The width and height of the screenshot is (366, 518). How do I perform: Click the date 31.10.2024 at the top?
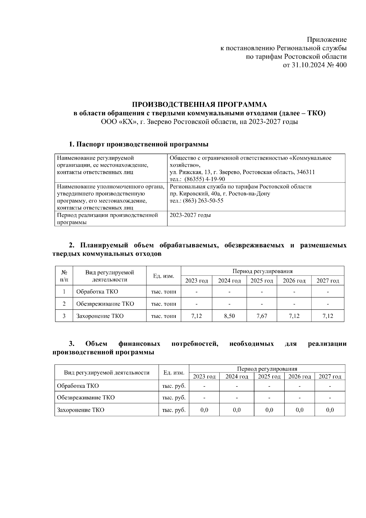click(307, 65)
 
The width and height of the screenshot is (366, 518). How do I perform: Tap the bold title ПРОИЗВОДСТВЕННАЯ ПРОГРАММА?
click(199, 105)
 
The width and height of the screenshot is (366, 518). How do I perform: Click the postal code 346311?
click(306, 172)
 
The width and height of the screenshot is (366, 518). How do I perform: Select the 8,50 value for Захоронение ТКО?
click(229, 316)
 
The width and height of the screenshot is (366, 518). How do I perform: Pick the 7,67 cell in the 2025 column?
click(262, 316)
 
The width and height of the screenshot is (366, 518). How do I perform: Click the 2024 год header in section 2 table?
click(229, 281)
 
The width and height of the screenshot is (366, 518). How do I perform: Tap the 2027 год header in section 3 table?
click(330, 376)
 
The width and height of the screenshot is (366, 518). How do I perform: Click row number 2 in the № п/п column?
click(64, 304)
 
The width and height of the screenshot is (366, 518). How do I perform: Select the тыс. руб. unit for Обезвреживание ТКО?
click(174, 397)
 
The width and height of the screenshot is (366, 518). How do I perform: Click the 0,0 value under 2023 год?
click(204, 410)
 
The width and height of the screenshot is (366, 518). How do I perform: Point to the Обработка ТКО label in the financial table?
click(78, 386)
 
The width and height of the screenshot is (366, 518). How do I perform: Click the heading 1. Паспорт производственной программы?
click(139, 144)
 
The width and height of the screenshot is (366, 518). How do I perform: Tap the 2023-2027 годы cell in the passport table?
click(190, 215)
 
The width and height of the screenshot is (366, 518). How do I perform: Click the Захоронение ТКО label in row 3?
click(100, 316)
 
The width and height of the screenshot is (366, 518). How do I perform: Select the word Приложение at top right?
click(327, 40)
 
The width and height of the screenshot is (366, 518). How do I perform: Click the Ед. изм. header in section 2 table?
click(163, 276)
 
